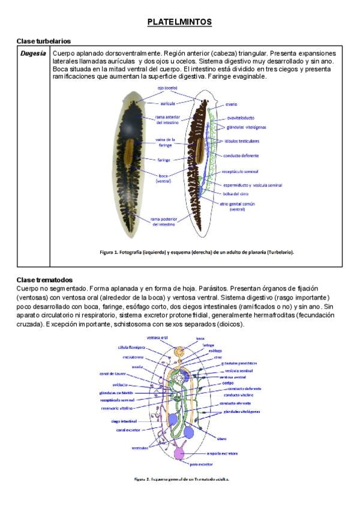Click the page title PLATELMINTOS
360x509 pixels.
pos(179,22)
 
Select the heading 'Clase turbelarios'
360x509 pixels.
pos(44,41)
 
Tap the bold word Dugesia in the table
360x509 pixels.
pos(32,53)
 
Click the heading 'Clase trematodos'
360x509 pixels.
pos(44,280)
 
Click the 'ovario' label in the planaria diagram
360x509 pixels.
pos(232,104)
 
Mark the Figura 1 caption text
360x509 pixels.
pos(197,252)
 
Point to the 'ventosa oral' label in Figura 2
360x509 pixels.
pos(157,337)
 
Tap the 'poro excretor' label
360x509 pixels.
pos(202,463)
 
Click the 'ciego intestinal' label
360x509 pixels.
pos(125,421)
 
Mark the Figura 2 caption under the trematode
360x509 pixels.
pos(181,479)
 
